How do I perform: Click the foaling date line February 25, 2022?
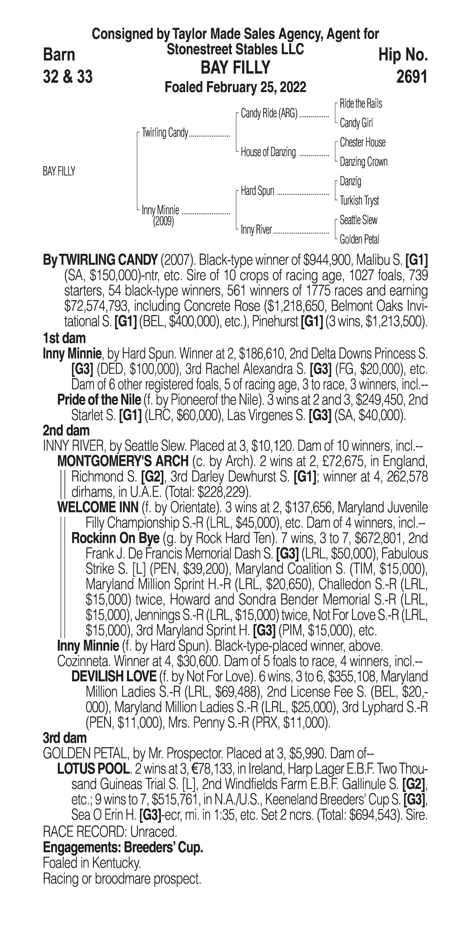point(236,87)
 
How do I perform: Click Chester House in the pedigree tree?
point(362,142)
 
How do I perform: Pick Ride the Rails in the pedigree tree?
point(361,104)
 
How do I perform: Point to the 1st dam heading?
point(64,338)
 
